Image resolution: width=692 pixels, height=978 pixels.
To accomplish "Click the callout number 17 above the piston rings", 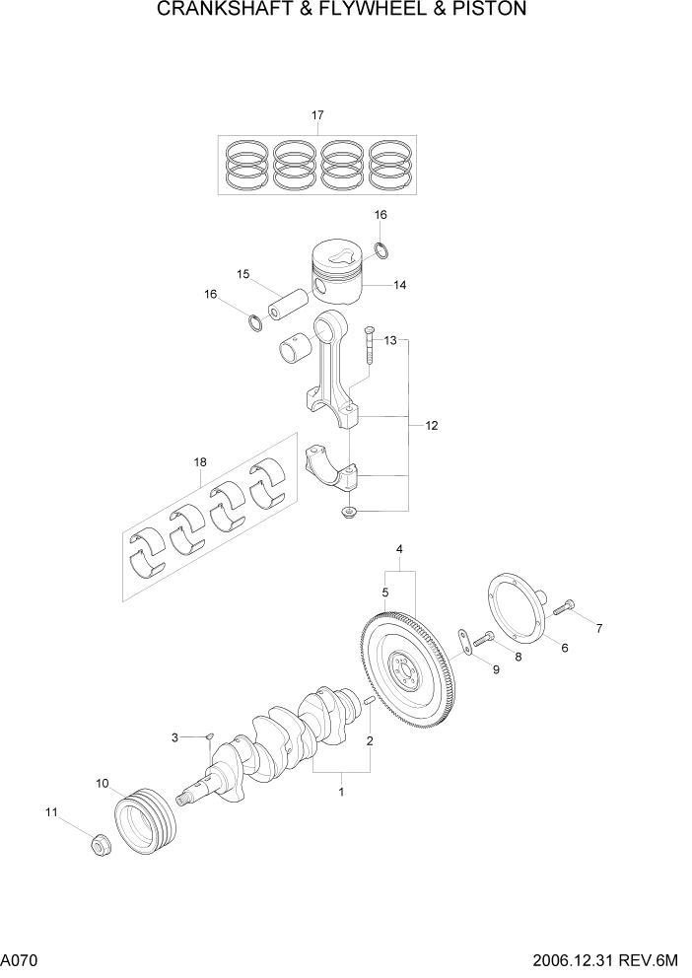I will (x=318, y=115).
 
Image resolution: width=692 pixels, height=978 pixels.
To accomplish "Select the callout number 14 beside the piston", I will (x=399, y=286).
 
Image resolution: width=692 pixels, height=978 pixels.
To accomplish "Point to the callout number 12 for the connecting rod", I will (x=431, y=426).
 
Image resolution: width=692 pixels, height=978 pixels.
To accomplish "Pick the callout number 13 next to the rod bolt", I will (x=390, y=340).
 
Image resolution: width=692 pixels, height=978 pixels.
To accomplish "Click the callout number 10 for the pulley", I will (x=102, y=784).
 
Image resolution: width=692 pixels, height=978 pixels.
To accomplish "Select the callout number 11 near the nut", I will (x=51, y=812).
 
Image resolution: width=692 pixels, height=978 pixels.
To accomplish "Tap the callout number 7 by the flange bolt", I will (x=598, y=628).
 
